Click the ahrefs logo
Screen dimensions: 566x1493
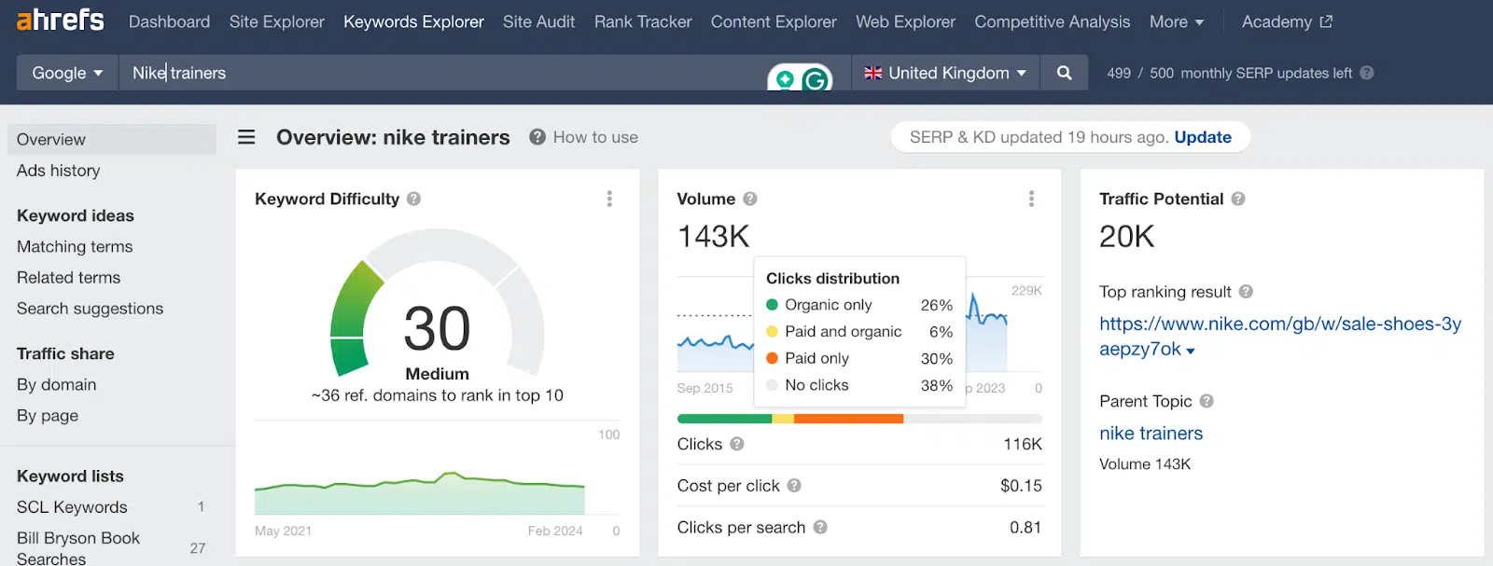pyautogui.click(x=60, y=20)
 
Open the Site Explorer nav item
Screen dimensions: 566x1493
pyautogui.click(x=276, y=21)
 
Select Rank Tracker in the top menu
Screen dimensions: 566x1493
pyautogui.click(x=642, y=21)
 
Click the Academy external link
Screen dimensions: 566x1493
pyautogui.click(x=1286, y=21)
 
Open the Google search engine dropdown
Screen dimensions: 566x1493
pyautogui.click(x=67, y=73)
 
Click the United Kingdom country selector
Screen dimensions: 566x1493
pyautogui.click(x=945, y=73)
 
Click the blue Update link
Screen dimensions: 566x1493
pyautogui.click(x=1202, y=137)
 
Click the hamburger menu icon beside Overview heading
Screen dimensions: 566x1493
pyautogui.click(x=246, y=137)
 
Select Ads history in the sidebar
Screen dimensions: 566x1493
pyautogui.click(x=58, y=171)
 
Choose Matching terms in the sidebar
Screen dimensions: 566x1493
pyautogui.click(x=75, y=246)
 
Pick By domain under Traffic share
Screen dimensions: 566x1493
pyautogui.click(x=56, y=384)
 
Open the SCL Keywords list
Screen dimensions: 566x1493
pyautogui.click(x=72, y=507)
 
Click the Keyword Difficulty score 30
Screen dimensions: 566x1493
pyautogui.click(x=437, y=328)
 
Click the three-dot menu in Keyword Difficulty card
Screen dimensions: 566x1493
pyautogui.click(x=609, y=199)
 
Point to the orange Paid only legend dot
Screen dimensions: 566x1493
pyautogui.click(x=772, y=358)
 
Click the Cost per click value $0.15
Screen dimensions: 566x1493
pyautogui.click(x=1020, y=486)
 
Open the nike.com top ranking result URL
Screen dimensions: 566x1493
pyautogui.click(x=1279, y=324)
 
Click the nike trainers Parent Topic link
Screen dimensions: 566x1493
pyautogui.click(x=1151, y=434)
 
